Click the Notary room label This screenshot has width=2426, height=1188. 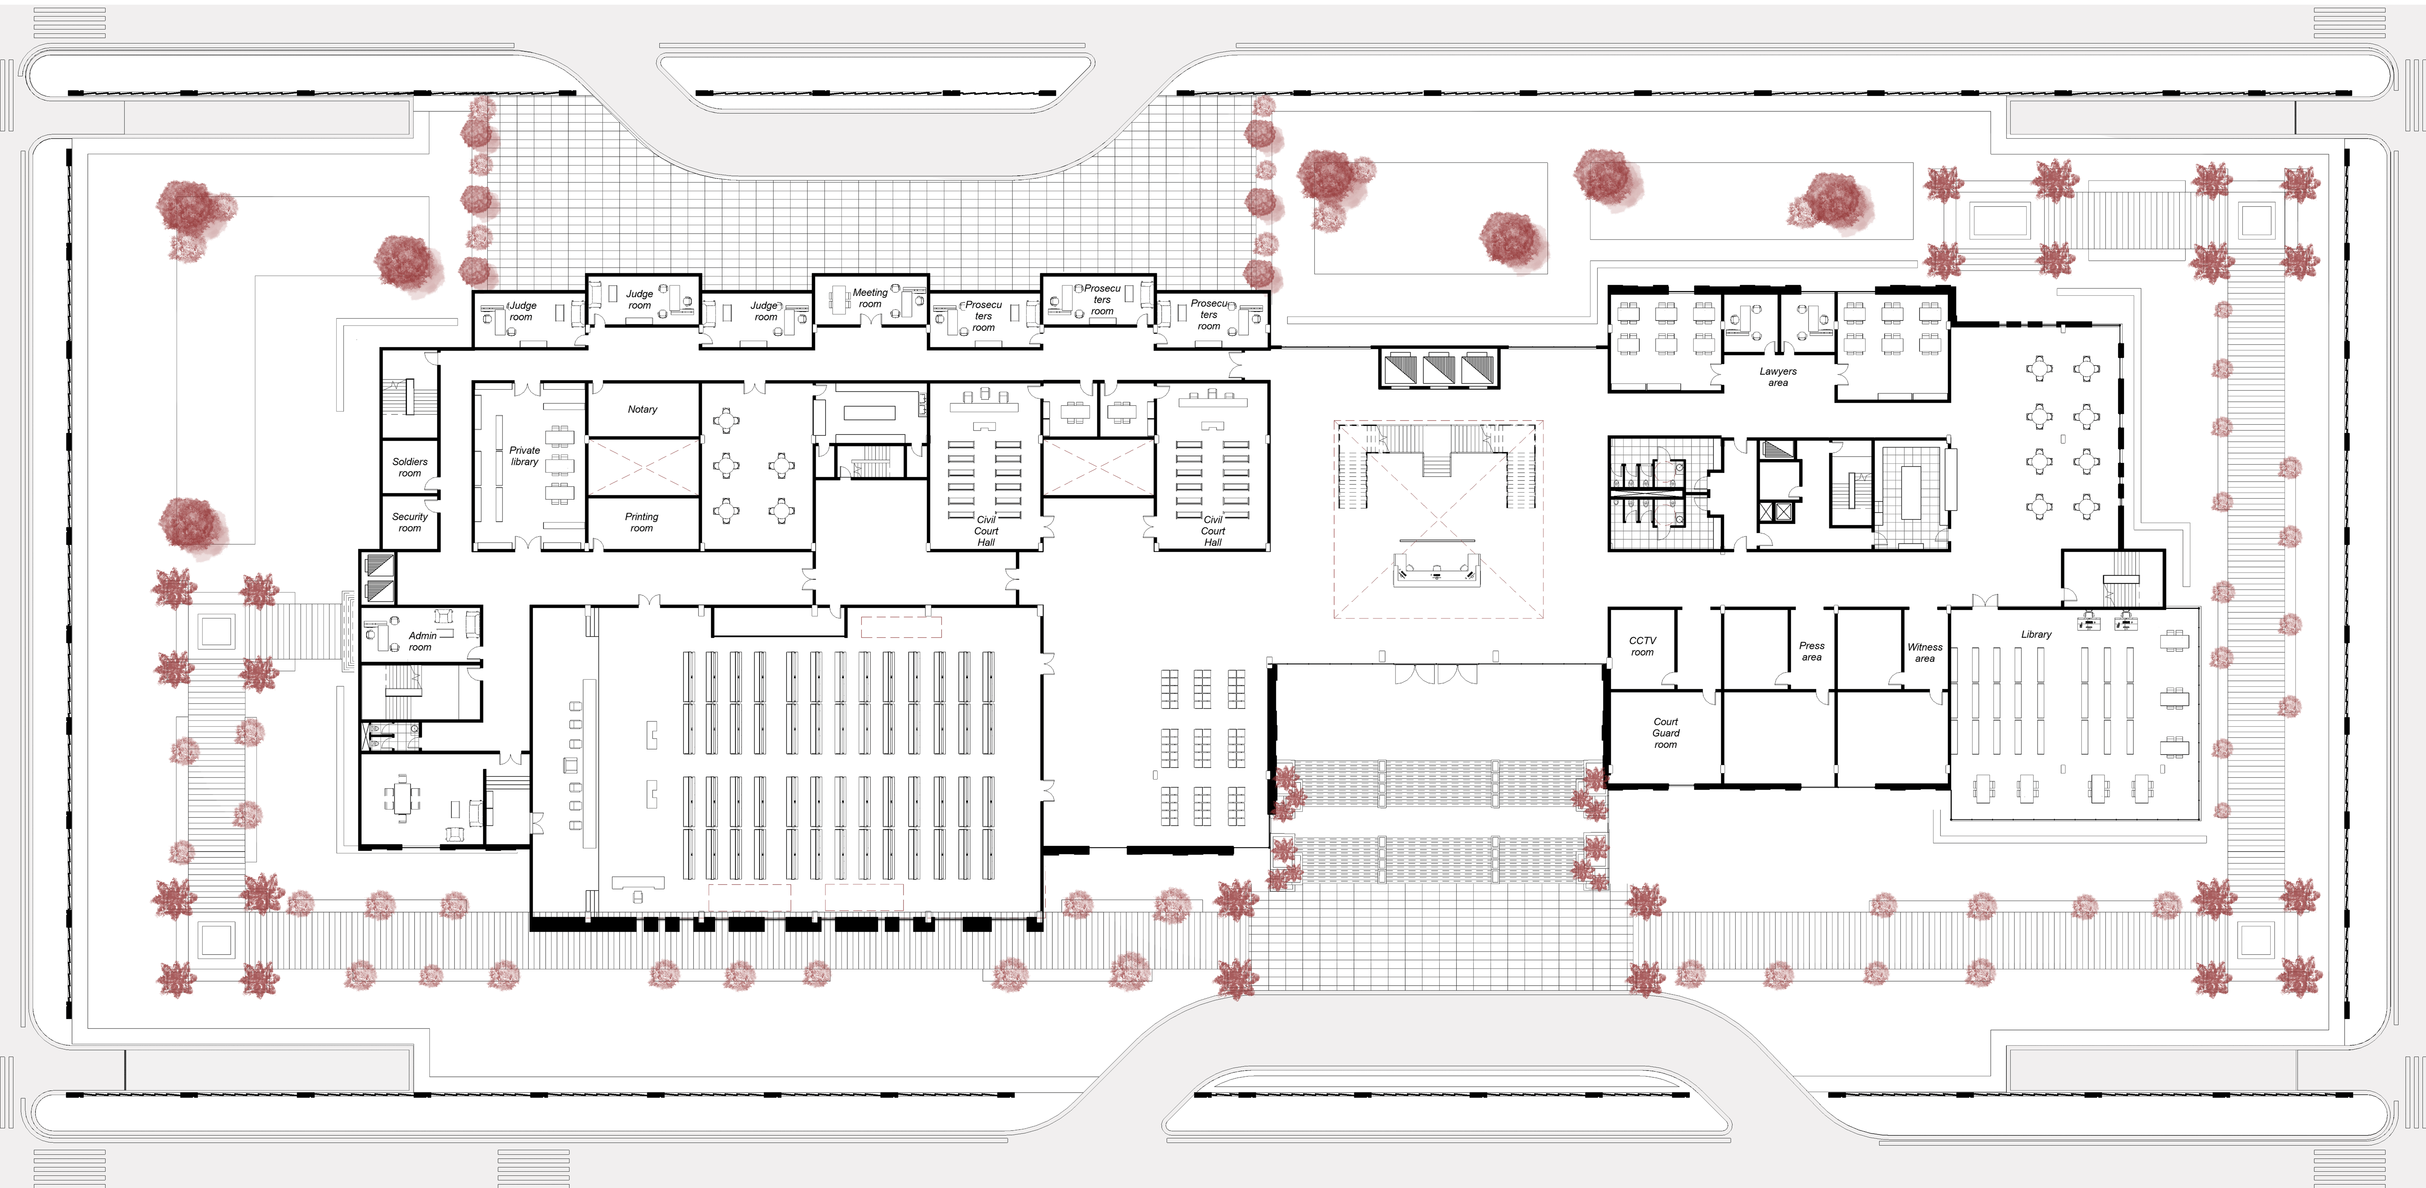coord(642,409)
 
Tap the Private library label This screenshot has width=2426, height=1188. coord(525,456)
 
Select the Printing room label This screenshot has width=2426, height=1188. coord(641,522)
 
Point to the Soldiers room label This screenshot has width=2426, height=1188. coord(410,467)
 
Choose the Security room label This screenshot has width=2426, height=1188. coord(410,522)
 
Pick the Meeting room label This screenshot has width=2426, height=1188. coord(870,298)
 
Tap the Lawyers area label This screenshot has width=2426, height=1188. coord(1778,377)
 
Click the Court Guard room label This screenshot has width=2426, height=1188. coord(1666,733)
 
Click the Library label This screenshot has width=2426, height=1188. coord(2036,634)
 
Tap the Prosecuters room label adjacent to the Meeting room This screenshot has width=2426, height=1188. coord(983,316)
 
